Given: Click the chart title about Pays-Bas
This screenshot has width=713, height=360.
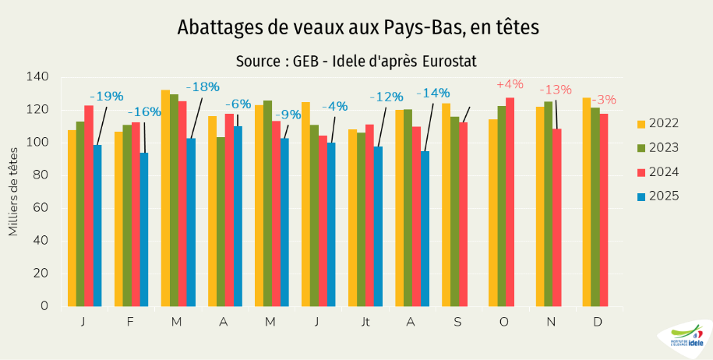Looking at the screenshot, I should [x=358, y=28].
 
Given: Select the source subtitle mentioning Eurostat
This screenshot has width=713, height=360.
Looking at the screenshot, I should [x=356, y=61].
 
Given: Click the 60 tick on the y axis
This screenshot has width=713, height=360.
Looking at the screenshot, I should [x=40, y=207].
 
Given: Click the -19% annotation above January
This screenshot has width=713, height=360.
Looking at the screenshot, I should [x=106, y=97].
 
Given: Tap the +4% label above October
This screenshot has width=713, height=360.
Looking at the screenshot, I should [x=510, y=84].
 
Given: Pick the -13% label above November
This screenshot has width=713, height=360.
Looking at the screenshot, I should [x=556, y=90].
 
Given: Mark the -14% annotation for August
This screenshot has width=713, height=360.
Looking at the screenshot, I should [x=433, y=94].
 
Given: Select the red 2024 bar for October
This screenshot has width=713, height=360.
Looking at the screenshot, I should [x=510, y=202].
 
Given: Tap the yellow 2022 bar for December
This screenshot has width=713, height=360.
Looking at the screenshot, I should [x=586, y=202].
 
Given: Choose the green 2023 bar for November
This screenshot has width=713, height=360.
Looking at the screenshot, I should [x=548, y=203].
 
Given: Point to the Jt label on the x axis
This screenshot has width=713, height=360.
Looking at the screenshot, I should [x=365, y=322].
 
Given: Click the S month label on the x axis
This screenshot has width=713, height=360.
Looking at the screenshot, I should [x=459, y=322].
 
